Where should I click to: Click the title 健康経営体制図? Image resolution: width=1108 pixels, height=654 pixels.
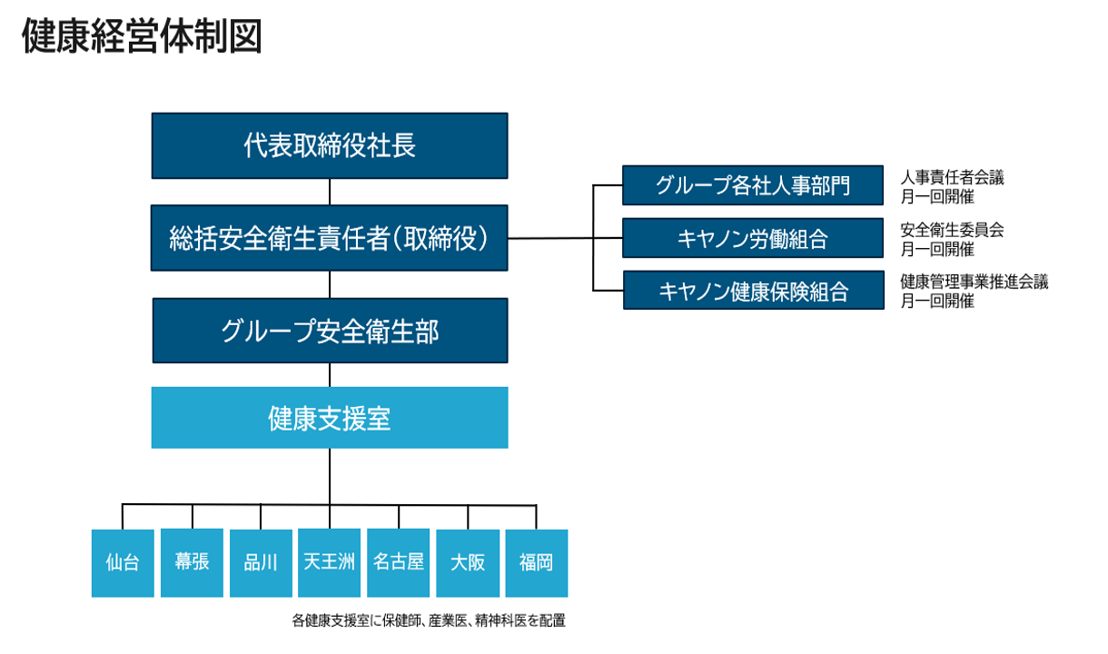click(143, 37)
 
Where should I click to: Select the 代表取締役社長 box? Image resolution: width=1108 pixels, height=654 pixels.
click(330, 145)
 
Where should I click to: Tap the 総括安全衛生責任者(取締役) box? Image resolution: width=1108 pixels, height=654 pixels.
click(330, 238)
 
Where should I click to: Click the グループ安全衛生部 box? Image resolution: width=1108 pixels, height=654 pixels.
click(330, 331)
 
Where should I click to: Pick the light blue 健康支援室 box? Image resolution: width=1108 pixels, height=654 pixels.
click(330, 418)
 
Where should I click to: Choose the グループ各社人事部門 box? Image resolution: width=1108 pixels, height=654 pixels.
click(753, 185)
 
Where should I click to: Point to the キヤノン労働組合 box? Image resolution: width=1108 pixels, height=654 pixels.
click(753, 238)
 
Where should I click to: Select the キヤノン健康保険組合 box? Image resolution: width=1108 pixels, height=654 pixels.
click(753, 291)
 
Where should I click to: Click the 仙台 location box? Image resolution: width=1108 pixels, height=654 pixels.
click(123, 563)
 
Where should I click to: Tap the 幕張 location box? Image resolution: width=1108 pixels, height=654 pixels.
click(192, 563)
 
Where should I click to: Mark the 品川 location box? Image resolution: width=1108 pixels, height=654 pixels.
click(261, 563)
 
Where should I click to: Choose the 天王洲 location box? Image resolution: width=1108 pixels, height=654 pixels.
click(330, 563)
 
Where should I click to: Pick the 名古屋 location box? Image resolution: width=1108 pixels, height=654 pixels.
click(399, 563)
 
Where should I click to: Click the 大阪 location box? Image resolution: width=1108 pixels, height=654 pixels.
click(468, 563)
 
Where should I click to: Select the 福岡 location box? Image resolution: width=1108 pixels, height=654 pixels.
click(537, 563)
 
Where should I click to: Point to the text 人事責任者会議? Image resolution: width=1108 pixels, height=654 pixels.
click(952, 178)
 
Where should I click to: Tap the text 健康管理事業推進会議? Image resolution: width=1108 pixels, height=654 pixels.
click(974, 282)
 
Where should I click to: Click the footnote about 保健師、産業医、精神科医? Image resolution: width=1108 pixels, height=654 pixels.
click(429, 621)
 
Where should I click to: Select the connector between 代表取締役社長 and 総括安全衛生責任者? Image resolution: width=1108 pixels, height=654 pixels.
click(330, 192)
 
